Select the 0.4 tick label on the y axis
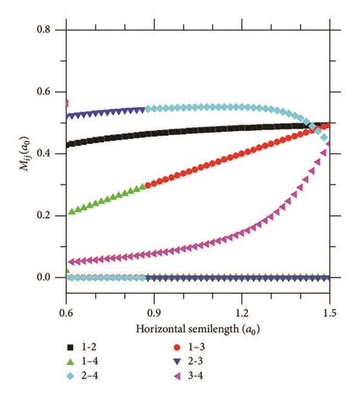(x=49, y=153)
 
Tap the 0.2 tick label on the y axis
(x=49, y=215)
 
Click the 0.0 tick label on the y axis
(x=49, y=277)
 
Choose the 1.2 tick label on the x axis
(x=242, y=312)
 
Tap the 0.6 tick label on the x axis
(x=67, y=312)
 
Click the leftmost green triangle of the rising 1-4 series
(x=71, y=212)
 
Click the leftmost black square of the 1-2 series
(x=69, y=144)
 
